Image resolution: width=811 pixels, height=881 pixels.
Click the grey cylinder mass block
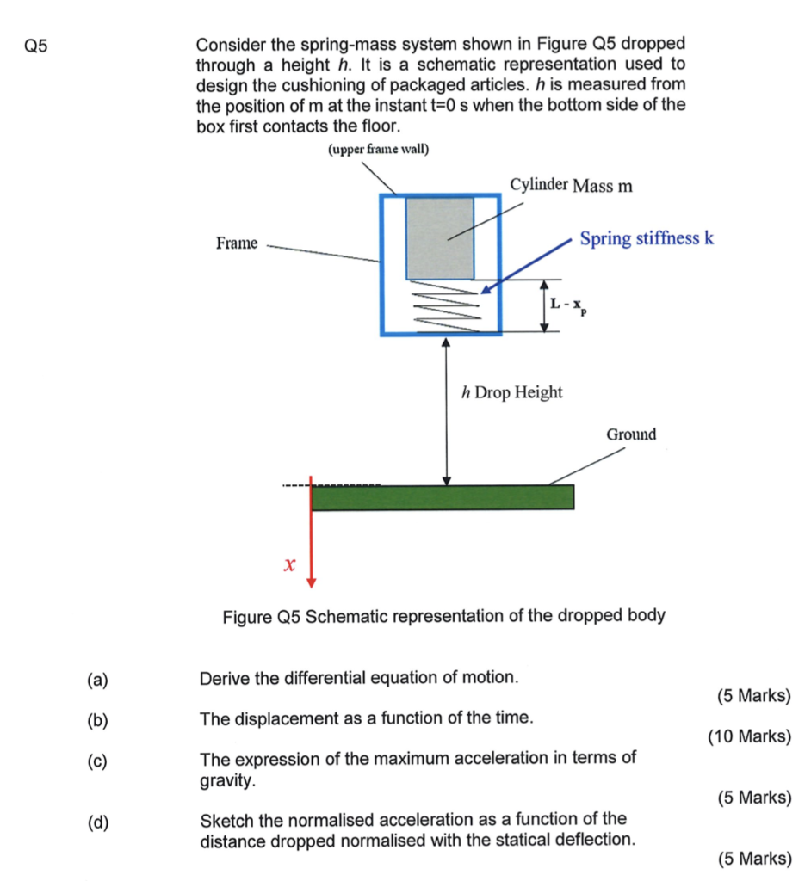[439, 237]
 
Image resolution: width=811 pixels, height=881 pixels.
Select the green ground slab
[443, 497]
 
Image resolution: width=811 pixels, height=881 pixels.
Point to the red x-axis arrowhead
[312, 581]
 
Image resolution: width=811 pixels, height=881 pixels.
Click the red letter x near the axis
[289, 565]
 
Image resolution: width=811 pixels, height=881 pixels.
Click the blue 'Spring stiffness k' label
[647, 238]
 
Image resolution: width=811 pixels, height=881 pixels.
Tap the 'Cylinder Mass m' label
[571, 186]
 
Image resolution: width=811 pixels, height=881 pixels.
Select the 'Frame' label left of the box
[237, 243]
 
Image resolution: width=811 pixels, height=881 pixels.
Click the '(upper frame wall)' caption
[379, 150]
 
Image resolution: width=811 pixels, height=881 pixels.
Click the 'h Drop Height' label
[512, 392]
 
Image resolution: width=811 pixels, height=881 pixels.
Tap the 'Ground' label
[631, 434]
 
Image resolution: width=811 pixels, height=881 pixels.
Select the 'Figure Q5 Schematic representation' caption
[443, 616]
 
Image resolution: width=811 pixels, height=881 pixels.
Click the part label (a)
[97, 680]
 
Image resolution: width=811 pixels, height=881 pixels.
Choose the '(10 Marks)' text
[749, 736]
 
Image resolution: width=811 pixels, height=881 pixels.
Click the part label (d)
[97, 822]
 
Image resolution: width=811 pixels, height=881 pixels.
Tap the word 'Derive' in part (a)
[222, 678]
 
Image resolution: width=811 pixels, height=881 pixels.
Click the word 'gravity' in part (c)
[226, 780]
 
